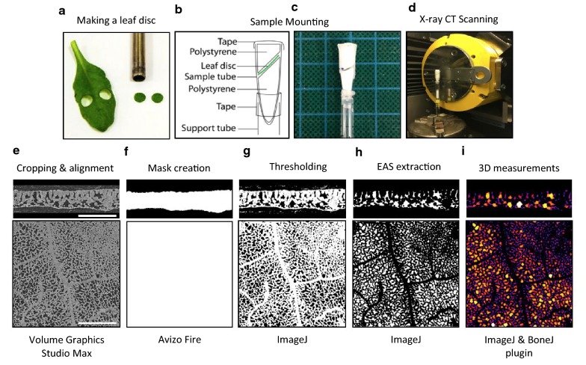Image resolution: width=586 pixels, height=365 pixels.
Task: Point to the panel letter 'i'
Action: pyautogui.click(x=467, y=152)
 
